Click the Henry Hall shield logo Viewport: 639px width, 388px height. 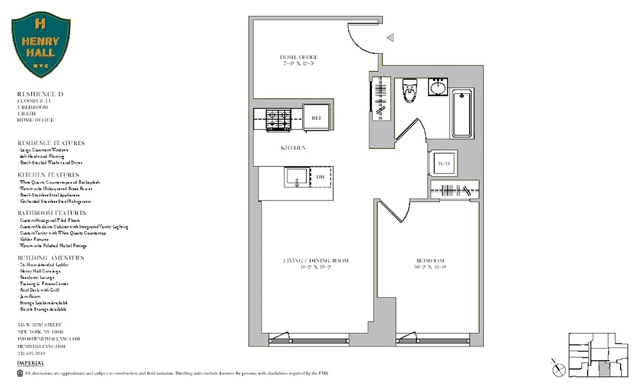41,45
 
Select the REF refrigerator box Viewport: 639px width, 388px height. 316,118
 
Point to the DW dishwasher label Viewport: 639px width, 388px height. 320,178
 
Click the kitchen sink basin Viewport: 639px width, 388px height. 295,178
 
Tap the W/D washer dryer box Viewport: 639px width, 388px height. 444,164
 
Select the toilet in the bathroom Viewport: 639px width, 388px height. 410,91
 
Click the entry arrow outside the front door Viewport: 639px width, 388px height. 390,38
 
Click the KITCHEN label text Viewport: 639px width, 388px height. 293,148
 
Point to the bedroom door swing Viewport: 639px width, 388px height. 393,211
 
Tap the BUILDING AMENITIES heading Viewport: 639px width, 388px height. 51,258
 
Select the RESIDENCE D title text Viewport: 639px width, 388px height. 40,94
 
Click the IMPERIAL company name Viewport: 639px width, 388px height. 31,363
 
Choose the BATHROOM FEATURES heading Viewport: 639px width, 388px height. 52,213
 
